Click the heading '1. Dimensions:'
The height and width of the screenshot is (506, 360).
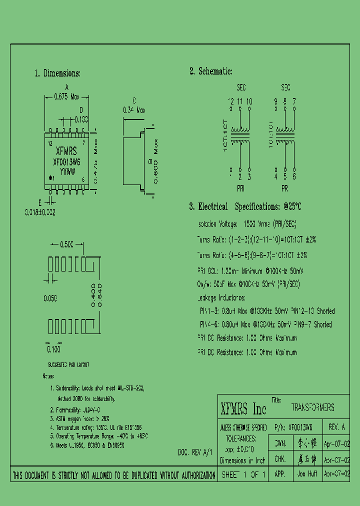(x=57, y=73)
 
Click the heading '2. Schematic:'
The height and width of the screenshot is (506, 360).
(x=210, y=71)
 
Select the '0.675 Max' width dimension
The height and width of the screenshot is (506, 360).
(x=66, y=97)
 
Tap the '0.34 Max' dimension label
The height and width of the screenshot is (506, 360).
(x=134, y=110)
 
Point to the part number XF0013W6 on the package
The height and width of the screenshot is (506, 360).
(x=66, y=162)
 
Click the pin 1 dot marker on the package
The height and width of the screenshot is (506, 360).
(x=50, y=178)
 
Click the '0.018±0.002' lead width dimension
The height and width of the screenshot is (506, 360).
(x=40, y=212)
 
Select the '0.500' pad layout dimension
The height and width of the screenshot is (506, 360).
(x=66, y=244)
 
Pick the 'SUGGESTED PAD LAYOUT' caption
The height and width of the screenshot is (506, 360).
(x=68, y=365)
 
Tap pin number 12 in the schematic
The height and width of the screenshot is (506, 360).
(x=231, y=101)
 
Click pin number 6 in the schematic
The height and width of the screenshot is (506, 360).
(x=294, y=176)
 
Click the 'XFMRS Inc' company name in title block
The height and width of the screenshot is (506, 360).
(x=243, y=409)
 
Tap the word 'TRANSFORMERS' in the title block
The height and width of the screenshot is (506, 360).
(x=312, y=408)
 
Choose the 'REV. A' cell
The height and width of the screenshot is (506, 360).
(x=336, y=427)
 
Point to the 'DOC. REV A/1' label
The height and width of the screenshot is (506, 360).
(x=195, y=452)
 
